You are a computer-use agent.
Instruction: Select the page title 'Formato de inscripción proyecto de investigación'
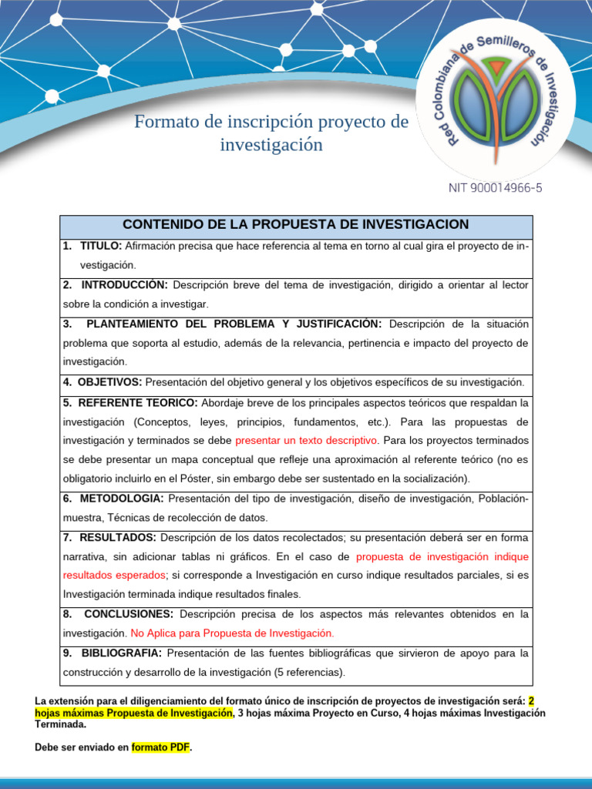coord(271,133)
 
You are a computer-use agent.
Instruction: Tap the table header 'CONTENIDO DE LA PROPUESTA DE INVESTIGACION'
coord(296,224)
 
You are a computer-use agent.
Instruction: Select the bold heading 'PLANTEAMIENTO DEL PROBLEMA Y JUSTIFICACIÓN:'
coord(234,324)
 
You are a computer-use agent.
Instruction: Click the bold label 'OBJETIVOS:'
coord(109,382)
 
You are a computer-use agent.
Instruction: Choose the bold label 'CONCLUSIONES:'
coord(129,614)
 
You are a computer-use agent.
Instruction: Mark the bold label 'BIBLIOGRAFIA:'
coord(122,653)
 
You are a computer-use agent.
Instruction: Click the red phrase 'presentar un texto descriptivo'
coord(307,441)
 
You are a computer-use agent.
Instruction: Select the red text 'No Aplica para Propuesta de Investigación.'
coord(233,633)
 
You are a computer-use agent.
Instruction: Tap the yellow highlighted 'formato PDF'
coord(160,747)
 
